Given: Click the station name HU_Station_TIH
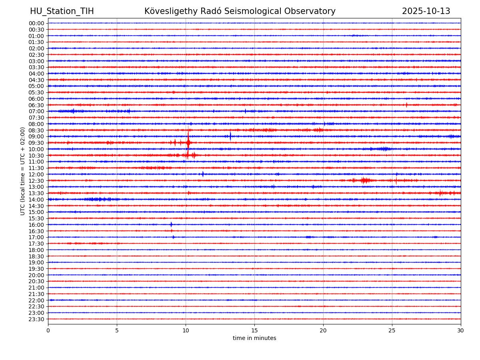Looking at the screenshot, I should click(x=62, y=11).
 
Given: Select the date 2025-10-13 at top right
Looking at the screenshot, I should click(x=426, y=11).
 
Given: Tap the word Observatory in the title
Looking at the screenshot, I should click(x=312, y=11).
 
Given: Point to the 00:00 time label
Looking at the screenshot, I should click(x=36, y=23).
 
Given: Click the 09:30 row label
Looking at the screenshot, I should click(x=36, y=143).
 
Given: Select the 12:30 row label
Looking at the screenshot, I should click(x=36, y=181).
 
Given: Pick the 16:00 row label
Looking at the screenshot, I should click(x=36, y=225).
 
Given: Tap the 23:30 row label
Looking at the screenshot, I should click(x=36, y=319).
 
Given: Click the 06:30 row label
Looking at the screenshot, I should click(x=36, y=105).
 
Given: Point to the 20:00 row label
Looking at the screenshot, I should click(x=36, y=275).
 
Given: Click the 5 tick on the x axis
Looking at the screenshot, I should click(x=117, y=331).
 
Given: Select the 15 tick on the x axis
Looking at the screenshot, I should click(x=254, y=331).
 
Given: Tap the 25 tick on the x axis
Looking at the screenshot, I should click(x=392, y=331).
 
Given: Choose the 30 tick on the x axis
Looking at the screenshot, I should click(x=461, y=331).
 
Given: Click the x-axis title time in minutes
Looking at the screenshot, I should click(x=254, y=338).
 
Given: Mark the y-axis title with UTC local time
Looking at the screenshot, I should click(x=23, y=171).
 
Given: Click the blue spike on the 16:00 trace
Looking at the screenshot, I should click(x=171, y=224).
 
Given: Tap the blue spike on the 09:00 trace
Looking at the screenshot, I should click(x=230, y=136).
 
